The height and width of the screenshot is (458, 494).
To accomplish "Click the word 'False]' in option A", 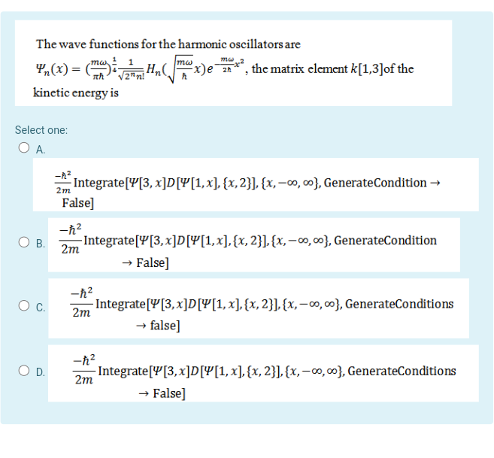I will tap(78, 202).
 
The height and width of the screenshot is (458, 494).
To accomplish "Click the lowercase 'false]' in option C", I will tap(163, 326).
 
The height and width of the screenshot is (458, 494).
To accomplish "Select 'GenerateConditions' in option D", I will tap(402, 371).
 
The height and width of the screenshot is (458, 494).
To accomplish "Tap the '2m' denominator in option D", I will tap(84, 381).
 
